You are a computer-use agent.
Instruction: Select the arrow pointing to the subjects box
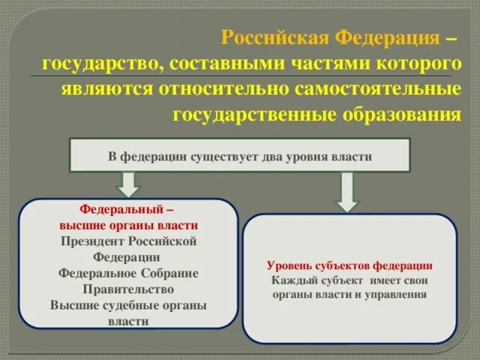coord(347,193)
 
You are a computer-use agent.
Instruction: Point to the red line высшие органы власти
coord(128,226)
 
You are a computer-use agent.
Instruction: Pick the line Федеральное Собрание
coord(128,273)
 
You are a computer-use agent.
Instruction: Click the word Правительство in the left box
coord(128,289)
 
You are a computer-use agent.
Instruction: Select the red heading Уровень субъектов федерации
coord(349,265)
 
